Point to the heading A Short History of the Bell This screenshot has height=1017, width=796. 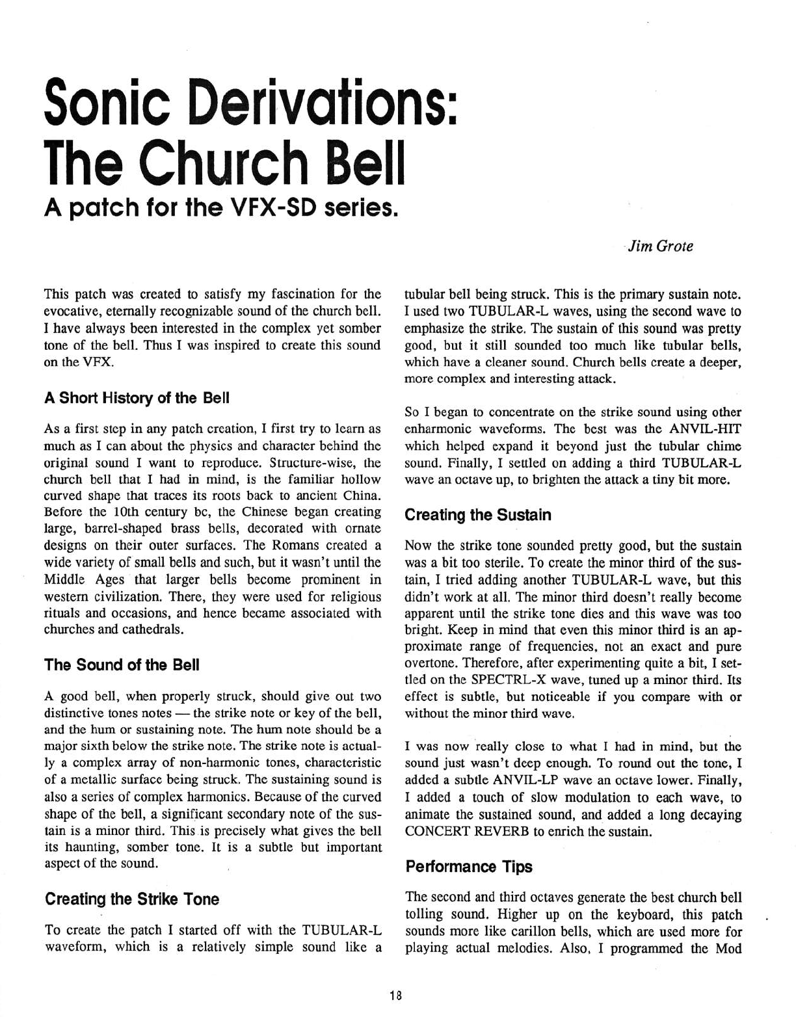(137, 398)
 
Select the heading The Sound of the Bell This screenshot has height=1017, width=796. (122, 665)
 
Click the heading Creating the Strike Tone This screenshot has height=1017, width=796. (132, 899)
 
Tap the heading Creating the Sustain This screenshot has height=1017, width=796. (477, 515)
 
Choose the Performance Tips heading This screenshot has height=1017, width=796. (468, 866)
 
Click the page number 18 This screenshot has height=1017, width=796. (396, 995)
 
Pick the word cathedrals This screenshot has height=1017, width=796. (153, 629)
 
